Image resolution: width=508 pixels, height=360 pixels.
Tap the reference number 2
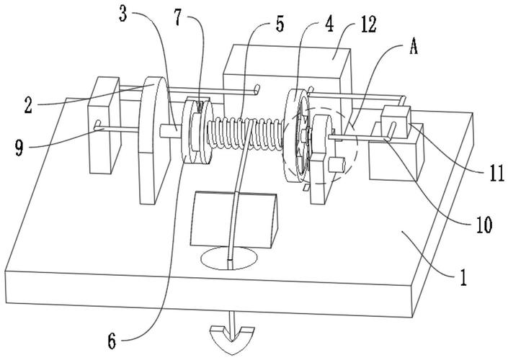click(29, 104)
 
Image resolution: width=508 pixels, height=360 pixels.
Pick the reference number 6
click(112, 341)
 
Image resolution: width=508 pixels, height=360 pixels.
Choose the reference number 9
click(19, 148)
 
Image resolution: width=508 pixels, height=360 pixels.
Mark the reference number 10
click(484, 225)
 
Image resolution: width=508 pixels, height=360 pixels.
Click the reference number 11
click(497, 172)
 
